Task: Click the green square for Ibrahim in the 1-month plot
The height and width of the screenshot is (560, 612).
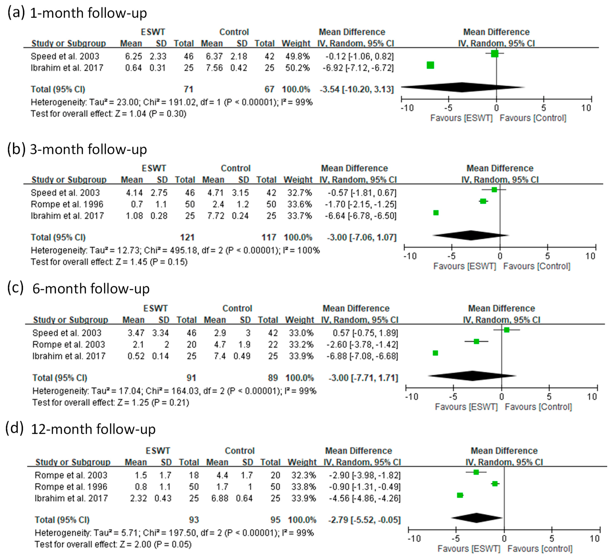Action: (430, 65)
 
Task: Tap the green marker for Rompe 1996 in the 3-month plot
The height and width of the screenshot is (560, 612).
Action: (483, 201)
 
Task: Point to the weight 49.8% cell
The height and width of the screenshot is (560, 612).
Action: (297, 56)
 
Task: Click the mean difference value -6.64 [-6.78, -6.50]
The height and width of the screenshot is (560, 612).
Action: (360, 216)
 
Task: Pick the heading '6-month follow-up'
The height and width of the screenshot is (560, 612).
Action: (91, 288)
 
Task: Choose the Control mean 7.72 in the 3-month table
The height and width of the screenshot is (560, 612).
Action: (216, 216)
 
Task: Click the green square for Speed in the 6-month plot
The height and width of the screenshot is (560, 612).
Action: (506, 330)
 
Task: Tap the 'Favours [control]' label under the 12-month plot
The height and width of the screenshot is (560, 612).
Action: (540, 549)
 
